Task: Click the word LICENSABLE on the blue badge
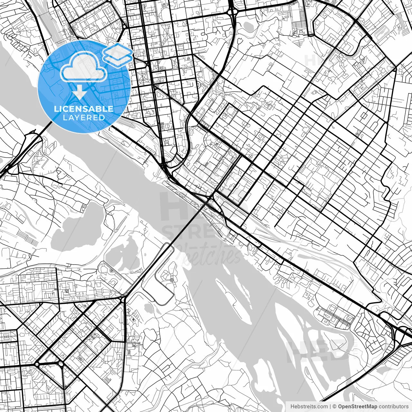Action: pos(84,108)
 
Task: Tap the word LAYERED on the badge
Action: pos(84,118)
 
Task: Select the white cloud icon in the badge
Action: pos(84,67)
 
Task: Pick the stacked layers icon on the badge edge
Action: pos(118,54)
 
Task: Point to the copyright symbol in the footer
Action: pos(334,407)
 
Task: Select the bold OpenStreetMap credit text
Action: pos(358,407)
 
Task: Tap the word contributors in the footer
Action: pos(393,407)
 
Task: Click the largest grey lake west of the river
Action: pos(77,222)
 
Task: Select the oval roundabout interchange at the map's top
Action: pos(232,11)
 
